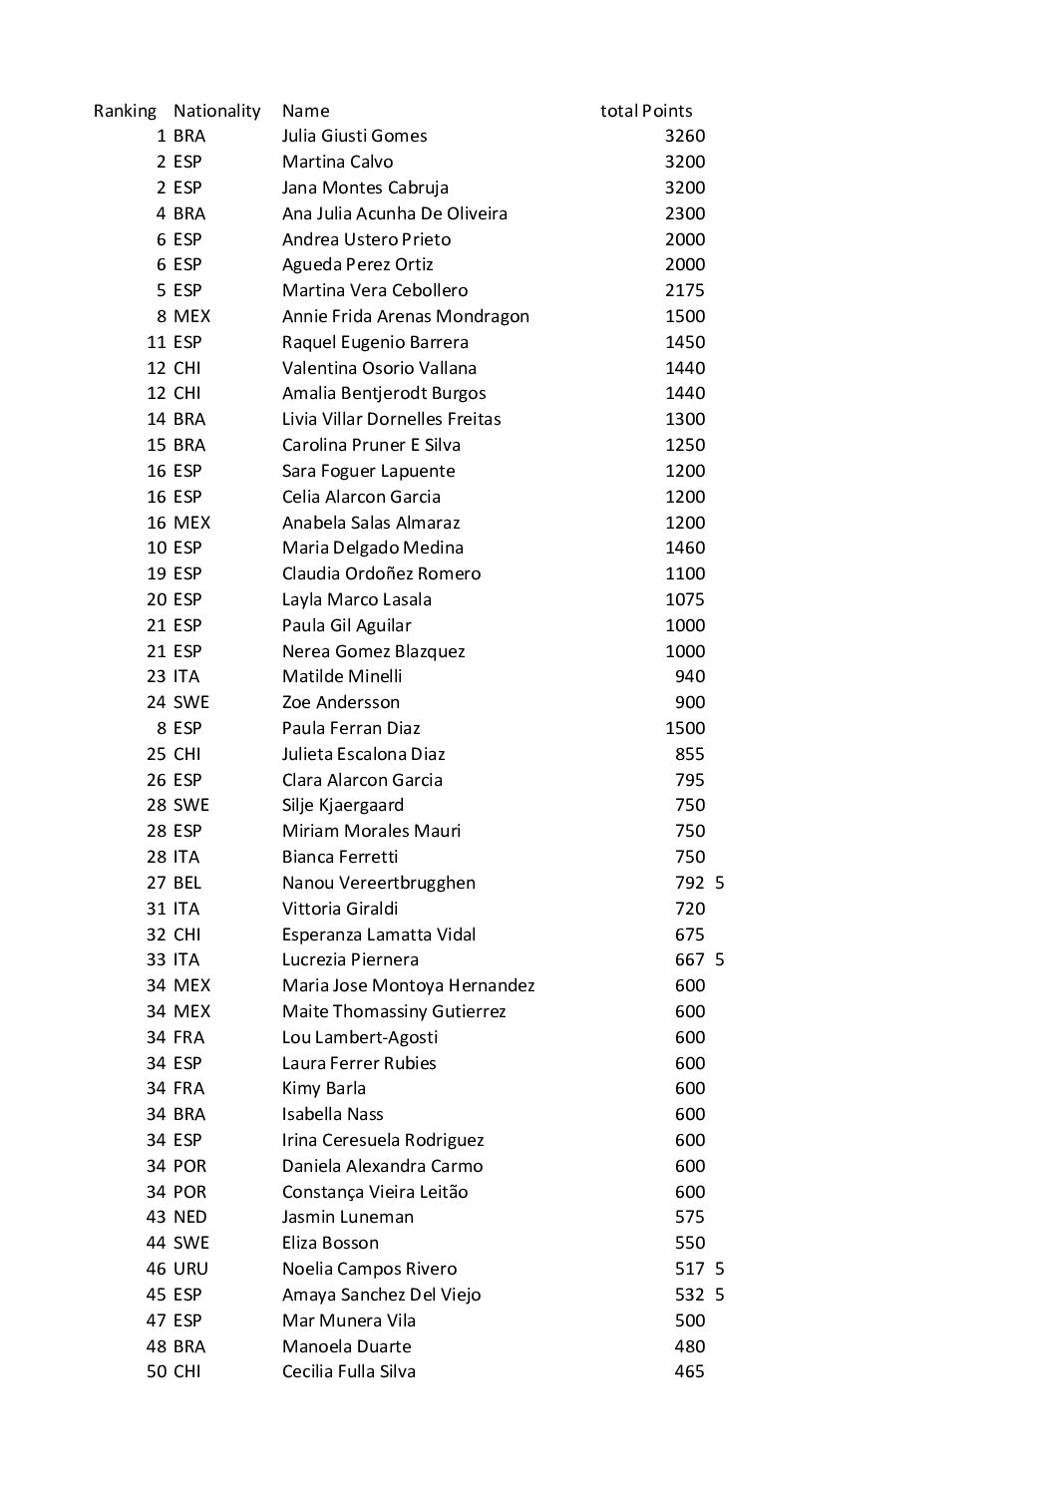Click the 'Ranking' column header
(x=125, y=111)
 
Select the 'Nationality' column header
(x=216, y=111)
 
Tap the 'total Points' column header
(x=646, y=111)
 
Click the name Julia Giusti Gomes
(x=354, y=136)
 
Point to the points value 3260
(x=684, y=136)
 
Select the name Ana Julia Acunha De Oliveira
(x=394, y=213)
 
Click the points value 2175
(x=684, y=290)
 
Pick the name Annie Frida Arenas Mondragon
(x=405, y=316)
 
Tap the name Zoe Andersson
(x=340, y=702)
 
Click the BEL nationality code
(x=186, y=883)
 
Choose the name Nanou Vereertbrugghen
(x=378, y=883)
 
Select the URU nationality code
(x=189, y=1269)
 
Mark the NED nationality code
(x=189, y=1217)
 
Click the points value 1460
(x=684, y=548)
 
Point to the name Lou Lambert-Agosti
(x=354, y=1037)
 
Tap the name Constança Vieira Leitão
(x=374, y=1192)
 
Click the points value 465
(x=689, y=1371)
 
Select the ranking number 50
(x=157, y=1371)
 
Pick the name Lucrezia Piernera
(x=350, y=959)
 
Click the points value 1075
(x=684, y=599)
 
